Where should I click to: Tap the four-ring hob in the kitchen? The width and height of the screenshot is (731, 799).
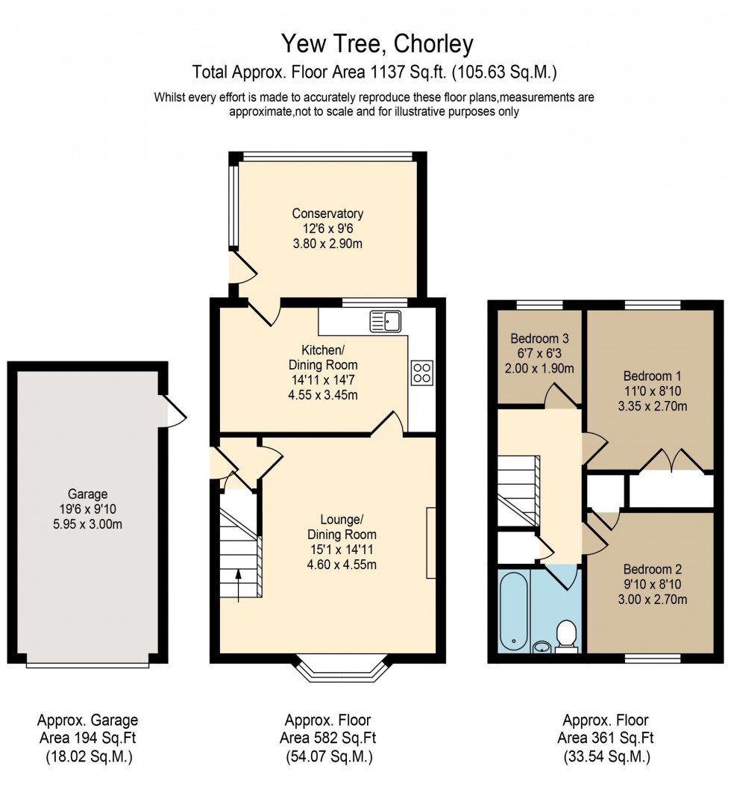click(x=421, y=372)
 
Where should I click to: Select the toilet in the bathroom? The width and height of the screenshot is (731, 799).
click(x=567, y=636)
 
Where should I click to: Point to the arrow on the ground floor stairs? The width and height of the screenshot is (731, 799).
click(x=239, y=581)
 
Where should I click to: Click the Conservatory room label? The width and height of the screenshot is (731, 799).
click(x=327, y=214)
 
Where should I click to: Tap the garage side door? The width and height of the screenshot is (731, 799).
click(x=173, y=410)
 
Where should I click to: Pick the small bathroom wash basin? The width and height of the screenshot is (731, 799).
click(x=542, y=646)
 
